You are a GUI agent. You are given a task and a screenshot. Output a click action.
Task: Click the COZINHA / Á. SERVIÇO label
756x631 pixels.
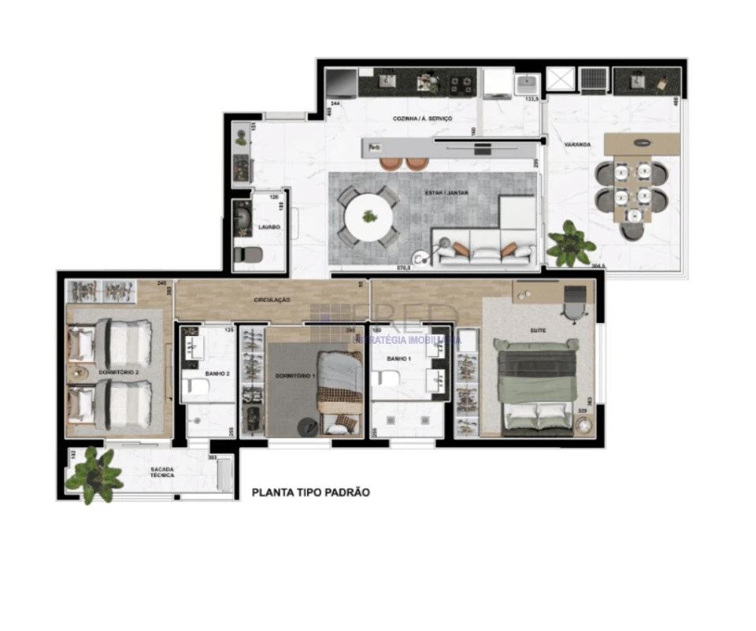tap(423, 119)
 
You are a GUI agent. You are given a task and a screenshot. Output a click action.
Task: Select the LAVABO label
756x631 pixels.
tap(269, 227)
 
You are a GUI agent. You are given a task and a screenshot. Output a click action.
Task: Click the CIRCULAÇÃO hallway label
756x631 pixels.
tap(272, 300)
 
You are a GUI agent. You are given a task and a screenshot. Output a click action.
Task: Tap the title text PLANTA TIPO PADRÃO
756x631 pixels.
tap(310, 493)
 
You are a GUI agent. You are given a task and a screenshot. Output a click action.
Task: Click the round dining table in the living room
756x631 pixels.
tap(369, 216)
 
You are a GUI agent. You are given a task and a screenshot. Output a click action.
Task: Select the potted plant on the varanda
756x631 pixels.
tap(570, 244)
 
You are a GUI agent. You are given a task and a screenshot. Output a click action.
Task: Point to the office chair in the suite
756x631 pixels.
tap(576, 301)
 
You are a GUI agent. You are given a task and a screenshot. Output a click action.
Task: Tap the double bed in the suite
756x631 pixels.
tap(536, 387)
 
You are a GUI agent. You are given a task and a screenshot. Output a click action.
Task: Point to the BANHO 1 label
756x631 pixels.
tap(399, 359)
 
